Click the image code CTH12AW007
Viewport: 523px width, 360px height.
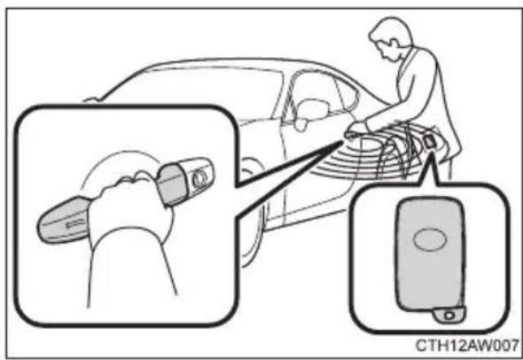pyautogui.click(x=467, y=345)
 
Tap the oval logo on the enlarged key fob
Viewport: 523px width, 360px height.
pyautogui.click(x=430, y=239)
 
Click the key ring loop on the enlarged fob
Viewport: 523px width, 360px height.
pyautogui.click(x=449, y=315)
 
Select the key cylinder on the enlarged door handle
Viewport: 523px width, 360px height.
pyautogui.click(x=199, y=178)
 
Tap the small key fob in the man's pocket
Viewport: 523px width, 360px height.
pyautogui.click(x=430, y=142)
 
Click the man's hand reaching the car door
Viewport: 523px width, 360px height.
pyautogui.click(x=357, y=129)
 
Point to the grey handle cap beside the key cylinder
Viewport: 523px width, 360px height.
pyautogui.click(x=172, y=184)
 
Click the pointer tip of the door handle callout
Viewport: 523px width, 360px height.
pyautogui.click(x=343, y=142)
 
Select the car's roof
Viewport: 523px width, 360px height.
pyautogui.click(x=233, y=64)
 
